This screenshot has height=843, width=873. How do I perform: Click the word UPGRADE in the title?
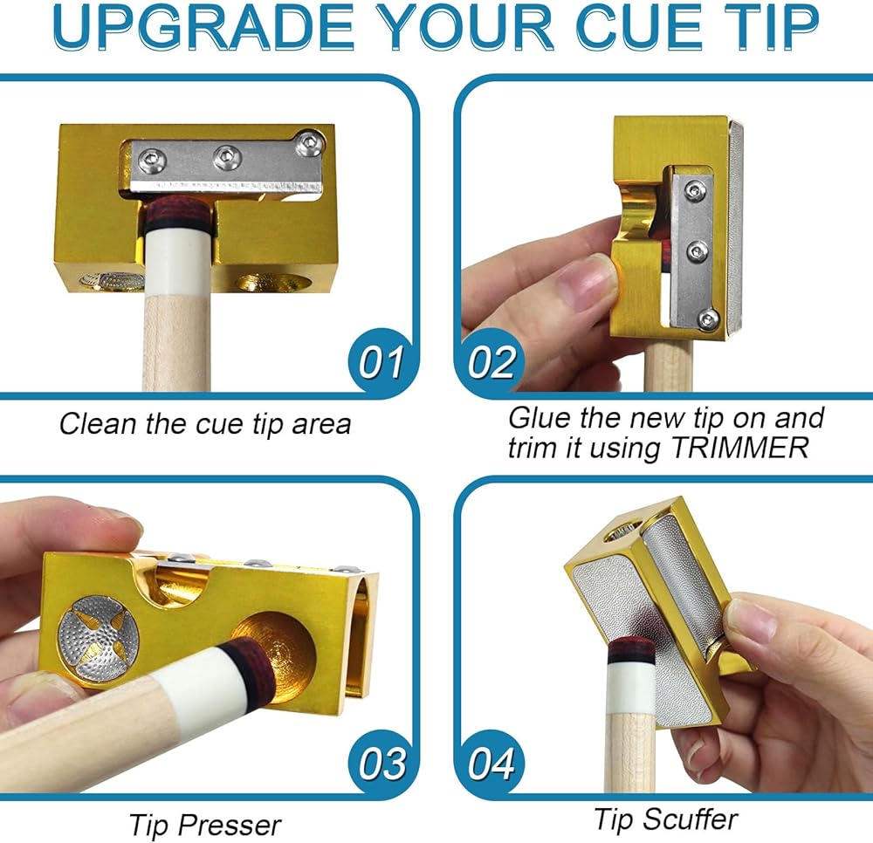point(203,26)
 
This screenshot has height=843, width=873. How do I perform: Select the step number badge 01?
point(381,362)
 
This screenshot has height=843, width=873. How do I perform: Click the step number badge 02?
point(490,362)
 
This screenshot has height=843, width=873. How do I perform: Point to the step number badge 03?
point(382,764)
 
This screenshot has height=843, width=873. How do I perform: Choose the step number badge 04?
point(491,764)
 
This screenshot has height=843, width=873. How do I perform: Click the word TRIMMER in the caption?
point(740,448)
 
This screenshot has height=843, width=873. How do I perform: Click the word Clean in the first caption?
point(99,424)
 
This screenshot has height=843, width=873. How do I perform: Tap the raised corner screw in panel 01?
point(310,145)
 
